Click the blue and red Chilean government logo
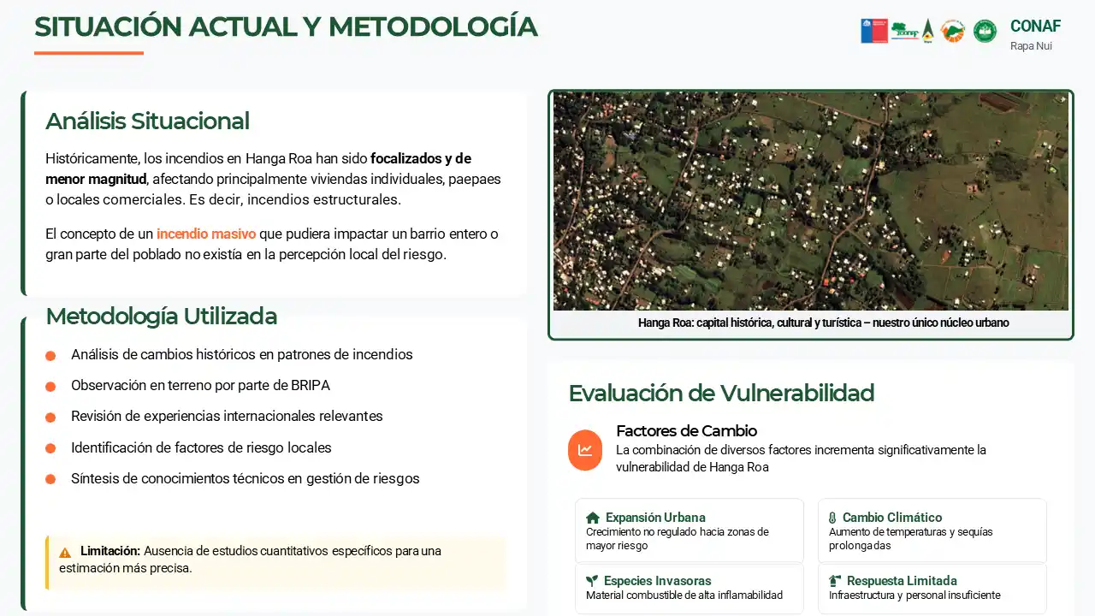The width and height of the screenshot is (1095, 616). [874, 31]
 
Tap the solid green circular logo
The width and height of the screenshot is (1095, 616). [985, 32]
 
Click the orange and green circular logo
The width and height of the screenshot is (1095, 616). [953, 32]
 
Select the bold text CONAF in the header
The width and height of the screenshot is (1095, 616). [1035, 26]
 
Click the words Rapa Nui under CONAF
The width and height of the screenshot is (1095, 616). [1031, 46]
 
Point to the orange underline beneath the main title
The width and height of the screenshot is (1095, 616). [89, 53]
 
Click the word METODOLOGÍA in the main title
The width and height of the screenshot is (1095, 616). [433, 27]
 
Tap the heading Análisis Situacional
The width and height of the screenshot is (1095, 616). [147, 121]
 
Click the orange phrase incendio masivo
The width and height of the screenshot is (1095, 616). [206, 234]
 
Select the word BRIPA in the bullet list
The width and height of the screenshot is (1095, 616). [311, 385]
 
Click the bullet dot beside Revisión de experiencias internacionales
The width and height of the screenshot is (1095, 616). [50, 417]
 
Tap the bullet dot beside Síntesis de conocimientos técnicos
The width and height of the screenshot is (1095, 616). [50, 479]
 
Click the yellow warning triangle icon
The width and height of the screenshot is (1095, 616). [65, 553]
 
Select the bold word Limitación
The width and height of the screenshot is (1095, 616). [110, 551]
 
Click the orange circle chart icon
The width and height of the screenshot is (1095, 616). [585, 450]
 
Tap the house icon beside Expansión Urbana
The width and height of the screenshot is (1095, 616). [593, 518]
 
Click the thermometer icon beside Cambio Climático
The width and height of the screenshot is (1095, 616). [832, 518]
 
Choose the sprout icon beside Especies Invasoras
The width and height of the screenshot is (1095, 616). [591, 581]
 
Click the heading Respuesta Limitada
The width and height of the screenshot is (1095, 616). [902, 581]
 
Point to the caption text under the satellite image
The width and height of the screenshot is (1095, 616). [823, 323]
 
